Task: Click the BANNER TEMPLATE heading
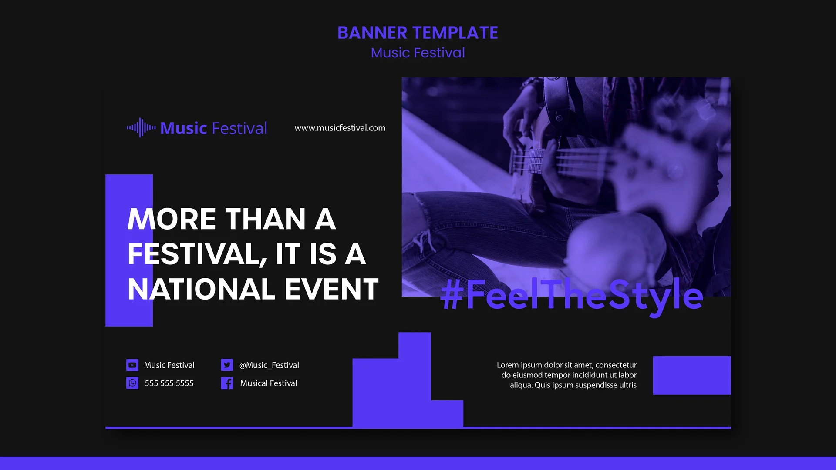pos(418,33)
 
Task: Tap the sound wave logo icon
pos(141,128)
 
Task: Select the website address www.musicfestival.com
pos(340,128)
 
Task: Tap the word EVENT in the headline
pos(332,290)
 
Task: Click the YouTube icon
pos(132,365)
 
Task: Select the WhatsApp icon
pos(132,383)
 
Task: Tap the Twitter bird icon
pos(227,365)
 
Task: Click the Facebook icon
pos(227,383)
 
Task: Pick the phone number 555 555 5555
pos(169,383)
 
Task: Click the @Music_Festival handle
pos(269,365)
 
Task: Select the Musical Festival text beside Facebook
pos(268,383)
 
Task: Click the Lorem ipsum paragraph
pos(567,375)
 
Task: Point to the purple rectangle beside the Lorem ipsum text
pos(691,375)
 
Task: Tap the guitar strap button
pos(559,118)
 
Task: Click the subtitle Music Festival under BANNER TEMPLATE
pos(418,53)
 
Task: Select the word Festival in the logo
pos(239,129)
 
